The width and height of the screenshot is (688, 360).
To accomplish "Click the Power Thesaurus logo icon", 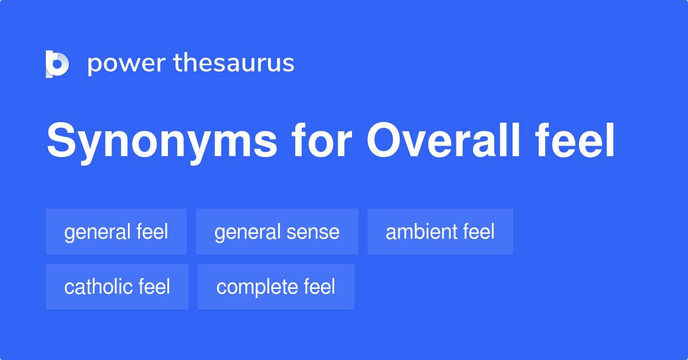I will pyautogui.click(x=57, y=64).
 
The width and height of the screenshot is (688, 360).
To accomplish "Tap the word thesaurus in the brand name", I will pyautogui.click(x=234, y=64).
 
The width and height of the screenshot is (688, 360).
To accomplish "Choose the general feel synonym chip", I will pyautogui.click(x=116, y=232).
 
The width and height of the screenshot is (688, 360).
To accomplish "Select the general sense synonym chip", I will pyautogui.click(x=277, y=232).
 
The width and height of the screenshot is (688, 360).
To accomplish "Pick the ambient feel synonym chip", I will pyautogui.click(x=440, y=232).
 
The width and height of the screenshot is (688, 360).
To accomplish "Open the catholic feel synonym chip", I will pyautogui.click(x=117, y=287).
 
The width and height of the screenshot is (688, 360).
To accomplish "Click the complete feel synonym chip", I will pyautogui.click(x=276, y=287).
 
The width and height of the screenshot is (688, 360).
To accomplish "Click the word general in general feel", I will pyautogui.click(x=97, y=232).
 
